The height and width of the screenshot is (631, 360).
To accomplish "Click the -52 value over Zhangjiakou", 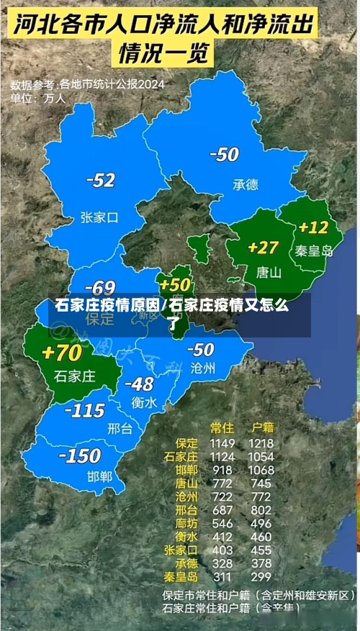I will click(100, 181).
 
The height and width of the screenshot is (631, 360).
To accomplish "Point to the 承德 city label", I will click(245, 184).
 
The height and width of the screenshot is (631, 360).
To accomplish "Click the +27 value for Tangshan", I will click(263, 248).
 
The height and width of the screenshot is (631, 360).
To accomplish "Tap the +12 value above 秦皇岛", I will click(314, 227).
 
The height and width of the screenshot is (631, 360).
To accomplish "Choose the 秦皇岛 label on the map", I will click(314, 250).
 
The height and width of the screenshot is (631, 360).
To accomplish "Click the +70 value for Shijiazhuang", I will click(62, 353).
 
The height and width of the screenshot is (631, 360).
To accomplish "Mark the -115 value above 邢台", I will click(86, 411).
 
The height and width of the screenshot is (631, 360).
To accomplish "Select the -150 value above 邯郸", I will click(79, 455).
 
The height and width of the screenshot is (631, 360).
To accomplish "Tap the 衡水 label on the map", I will click(144, 403).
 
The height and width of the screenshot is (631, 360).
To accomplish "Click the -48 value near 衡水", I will click(139, 383).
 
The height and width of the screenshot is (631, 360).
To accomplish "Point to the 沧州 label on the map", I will click(203, 368).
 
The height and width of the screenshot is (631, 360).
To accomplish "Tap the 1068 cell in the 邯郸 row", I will click(261, 470).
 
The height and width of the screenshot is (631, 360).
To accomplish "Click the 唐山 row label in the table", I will click(186, 484).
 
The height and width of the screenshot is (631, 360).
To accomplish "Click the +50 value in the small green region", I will click(175, 284).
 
